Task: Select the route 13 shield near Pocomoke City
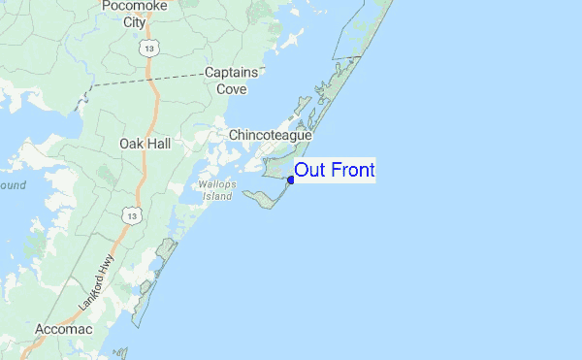click(x=147, y=46)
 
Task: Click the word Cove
click(x=232, y=89)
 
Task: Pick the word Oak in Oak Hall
click(x=132, y=144)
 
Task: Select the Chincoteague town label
click(x=270, y=136)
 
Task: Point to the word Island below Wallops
click(x=217, y=196)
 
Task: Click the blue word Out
click(x=311, y=171)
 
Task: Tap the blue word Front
click(x=353, y=171)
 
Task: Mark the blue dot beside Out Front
click(x=291, y=180)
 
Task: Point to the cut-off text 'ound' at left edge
click(x=13, y=184)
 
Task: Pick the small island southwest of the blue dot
click(x=259, y=200)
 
